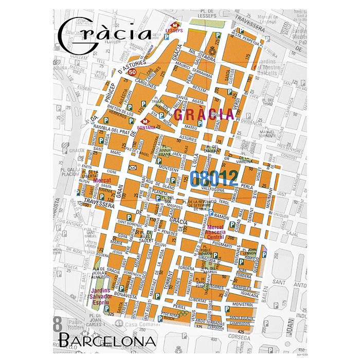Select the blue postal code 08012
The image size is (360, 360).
(214, 178)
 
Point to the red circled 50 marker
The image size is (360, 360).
(132, 73)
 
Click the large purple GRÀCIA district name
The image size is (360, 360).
(203, 114)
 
